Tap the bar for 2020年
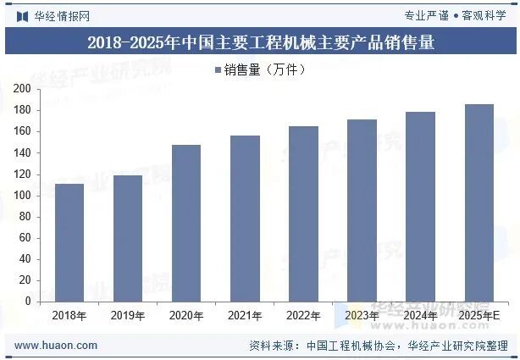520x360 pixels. tap(186, 223)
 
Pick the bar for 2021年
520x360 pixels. tap(245, 219)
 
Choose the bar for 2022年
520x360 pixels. tap(303, 213)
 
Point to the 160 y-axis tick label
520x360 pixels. tap(23, 131)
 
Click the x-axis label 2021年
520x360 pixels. tap(245, 316)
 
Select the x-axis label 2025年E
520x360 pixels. tap(479, 316)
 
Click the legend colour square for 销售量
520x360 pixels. tap(218, 70)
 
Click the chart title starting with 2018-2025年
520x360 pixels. tap(260, 42)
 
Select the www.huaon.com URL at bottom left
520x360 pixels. tap(57, 346)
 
